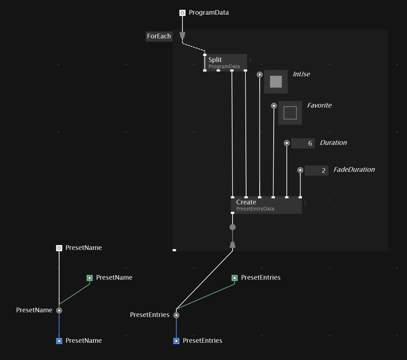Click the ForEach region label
[159, 36]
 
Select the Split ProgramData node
[225, 63]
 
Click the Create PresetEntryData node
[266, 205]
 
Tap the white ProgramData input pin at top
[182, 13]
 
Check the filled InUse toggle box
[276, 81]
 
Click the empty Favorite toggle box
[290, 113]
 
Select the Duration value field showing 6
[303, 143]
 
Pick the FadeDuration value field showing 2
[316, 170]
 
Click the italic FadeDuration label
[354, 170]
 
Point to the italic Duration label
[333, 143]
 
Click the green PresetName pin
[90, 278]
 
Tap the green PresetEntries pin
[235, 278]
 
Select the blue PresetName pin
[59, 341]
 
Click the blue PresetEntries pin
[176, 341]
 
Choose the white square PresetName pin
[59, 248]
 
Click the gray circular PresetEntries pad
[176, 315]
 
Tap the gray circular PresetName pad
[59, 311]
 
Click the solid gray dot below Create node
[233, 227]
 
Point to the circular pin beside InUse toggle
[259, 75]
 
